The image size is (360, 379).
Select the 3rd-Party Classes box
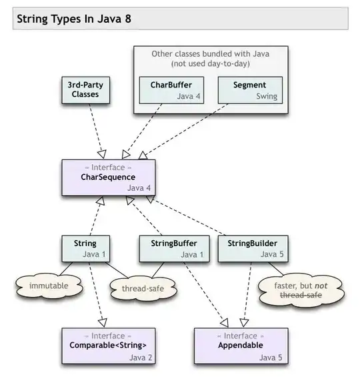(85, 89)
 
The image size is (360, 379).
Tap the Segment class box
(250, 90)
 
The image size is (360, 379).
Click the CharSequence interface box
(109, 177)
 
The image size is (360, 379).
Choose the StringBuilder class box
(248, 248)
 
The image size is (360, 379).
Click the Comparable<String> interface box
(109, 345)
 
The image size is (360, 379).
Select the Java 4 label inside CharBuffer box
(189, 96)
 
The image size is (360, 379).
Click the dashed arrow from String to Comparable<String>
(95, 294)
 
